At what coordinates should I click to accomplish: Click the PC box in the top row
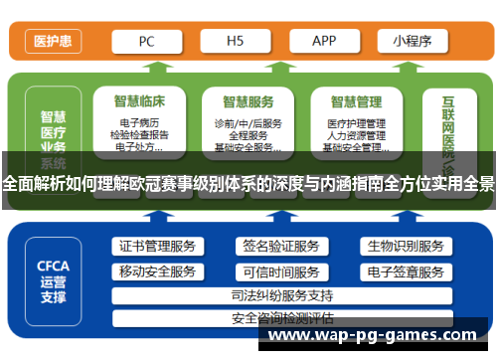pyautogui.click(x=146, y=41)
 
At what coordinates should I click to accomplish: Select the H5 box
pyautogui.click(x=236, y=41)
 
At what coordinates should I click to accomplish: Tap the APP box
pyautogui.click(x=324, y=41)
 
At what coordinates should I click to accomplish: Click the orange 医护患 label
pyautogui.click(x=52, y=42)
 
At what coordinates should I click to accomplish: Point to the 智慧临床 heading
pyautogui.click(x=138, y=100)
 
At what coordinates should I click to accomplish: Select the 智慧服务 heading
pyautogui.click(x=248, y=100)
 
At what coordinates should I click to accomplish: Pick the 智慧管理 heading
pyautogui.click(x=356, y=100)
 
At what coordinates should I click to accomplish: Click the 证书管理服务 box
pyautogui.click(x=157, y=247)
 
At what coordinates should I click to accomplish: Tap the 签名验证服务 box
pyautogui.click(x=280, y=247)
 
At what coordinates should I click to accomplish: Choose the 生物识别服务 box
pyautogui.click(x=405, y=247)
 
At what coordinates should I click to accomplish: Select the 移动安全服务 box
pyautogui.click(x=157, y=271)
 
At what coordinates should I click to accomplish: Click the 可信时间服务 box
pyautogui.click(x=280, y=271)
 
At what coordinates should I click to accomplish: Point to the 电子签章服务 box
pyautogui.click(x=405, y=271)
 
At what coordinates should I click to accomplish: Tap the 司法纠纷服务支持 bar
pyautogui.click(x=281, y=295)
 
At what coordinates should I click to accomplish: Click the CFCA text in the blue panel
pyautogui.click(x=53, y=266)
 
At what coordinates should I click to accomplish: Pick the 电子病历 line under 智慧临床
pyautogui.click(x=138, y=122)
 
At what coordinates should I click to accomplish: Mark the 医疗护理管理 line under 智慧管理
pyautogui.click(x=356, y=122)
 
